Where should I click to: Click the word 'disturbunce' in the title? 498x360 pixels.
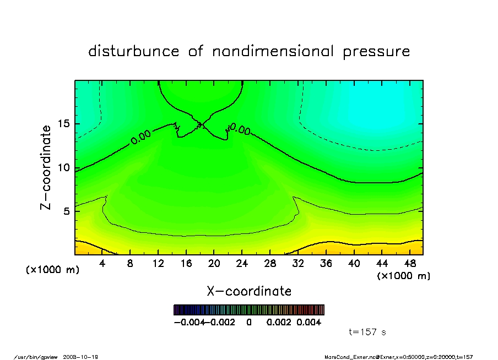click(x=134, y=52)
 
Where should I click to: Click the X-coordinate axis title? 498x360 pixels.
click(x=249, y=291)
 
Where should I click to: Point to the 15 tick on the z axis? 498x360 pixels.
click(x=64, y=124)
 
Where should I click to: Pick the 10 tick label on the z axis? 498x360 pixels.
click(x=64, y=168)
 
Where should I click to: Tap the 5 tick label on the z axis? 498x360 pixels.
click(x=67, y=211)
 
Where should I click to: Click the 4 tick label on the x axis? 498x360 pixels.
click(x=102, y=264)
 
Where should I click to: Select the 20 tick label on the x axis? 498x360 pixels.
click(x=214, y=264)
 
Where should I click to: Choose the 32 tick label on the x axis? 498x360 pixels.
click(x=298, y=264)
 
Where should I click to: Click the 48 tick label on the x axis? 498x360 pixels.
click(x=410, y=264)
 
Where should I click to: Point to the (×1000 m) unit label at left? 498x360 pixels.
click(x=53, y=270)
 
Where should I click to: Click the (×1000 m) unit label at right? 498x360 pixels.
click(x=404, y=276)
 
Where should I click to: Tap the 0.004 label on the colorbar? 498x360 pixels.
click(x=309, y=323)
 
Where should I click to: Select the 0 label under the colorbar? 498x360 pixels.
click(x=249, y=323)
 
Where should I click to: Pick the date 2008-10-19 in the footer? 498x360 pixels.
click(x=84, y=357)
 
